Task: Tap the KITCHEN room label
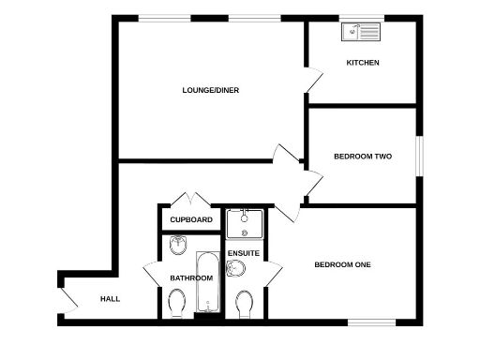point(363,63)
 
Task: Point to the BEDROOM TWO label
point(362,157)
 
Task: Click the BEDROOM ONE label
point(342,265)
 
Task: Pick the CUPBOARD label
point(190,220)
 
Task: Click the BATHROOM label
point(190,278)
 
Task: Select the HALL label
point(111,299)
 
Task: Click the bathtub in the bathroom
point(207,282)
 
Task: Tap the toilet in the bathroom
point(176,303)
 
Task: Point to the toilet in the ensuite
point(246,305)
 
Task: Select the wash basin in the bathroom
point(177,246)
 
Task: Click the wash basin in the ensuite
point(236,271)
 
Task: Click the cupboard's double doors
point(189,201)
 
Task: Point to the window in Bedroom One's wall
point(370,322)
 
